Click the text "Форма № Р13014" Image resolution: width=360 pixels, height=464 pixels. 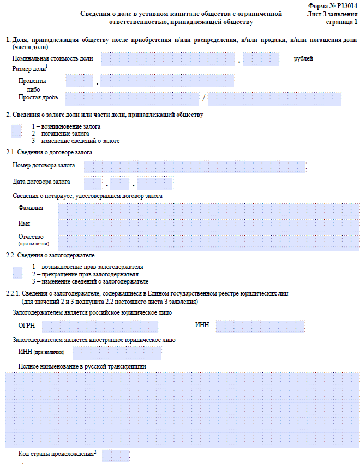(x=332, y=5)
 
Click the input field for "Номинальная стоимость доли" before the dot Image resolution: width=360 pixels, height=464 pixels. (x=168, y=59)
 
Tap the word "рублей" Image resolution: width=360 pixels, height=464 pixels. (x=303, y=59)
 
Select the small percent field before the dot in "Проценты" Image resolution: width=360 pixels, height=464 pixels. (x=80, y=81)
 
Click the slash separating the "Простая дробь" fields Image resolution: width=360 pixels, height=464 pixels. (x=203, y=99)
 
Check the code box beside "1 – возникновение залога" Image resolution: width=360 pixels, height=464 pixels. (x=17, y=131)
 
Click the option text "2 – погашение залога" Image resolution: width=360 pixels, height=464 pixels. (x=60, y=134)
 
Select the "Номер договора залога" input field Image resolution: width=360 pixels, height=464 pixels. (x=195, y=166)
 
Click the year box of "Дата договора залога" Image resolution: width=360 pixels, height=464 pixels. (x=155, y=183)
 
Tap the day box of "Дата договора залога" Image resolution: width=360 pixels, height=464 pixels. (x=93, y=183)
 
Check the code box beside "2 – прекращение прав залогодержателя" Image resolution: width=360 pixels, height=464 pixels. (x=17, y=272)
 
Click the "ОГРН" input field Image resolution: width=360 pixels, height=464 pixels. (x=100, y=326)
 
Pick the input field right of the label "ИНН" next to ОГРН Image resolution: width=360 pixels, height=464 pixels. (x=260, y=326)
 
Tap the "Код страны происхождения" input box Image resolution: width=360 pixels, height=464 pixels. (x=116, y=455)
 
